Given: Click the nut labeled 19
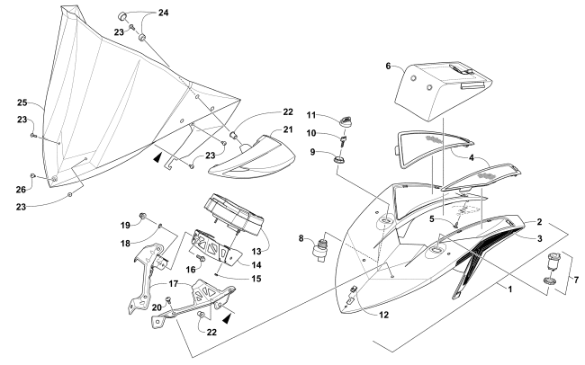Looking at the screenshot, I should [144, 217].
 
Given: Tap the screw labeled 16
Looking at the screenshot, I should [201, 258].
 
